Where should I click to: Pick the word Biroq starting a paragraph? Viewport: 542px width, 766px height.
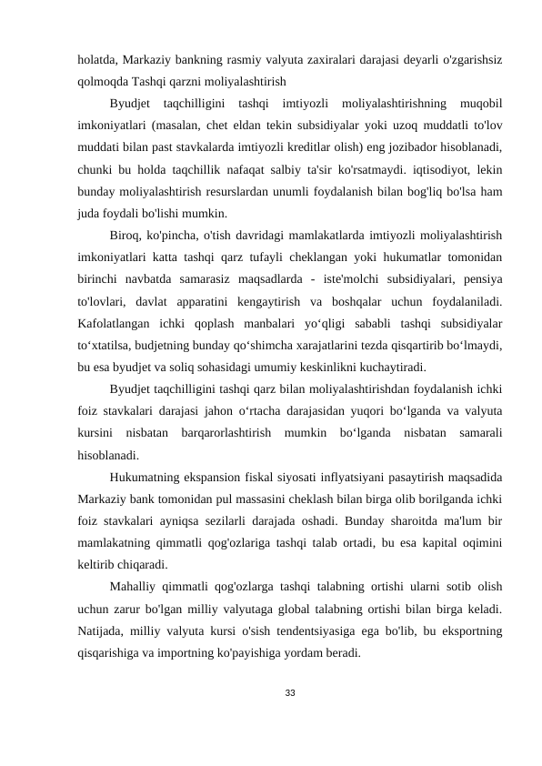[125, 234]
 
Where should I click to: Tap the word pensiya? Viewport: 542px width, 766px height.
[483, 277]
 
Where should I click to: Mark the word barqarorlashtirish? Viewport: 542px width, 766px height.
[233, 430]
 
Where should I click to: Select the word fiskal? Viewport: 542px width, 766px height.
[265, 475]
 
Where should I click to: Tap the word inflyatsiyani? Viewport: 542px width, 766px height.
[357, 475]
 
